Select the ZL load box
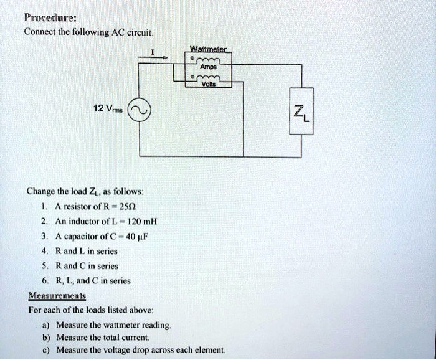tap(302, 113)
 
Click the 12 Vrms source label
tap(106, 108)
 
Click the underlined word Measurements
tap(57, 296)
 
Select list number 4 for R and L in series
tap(43, 251)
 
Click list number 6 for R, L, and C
tap(43, 281)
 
